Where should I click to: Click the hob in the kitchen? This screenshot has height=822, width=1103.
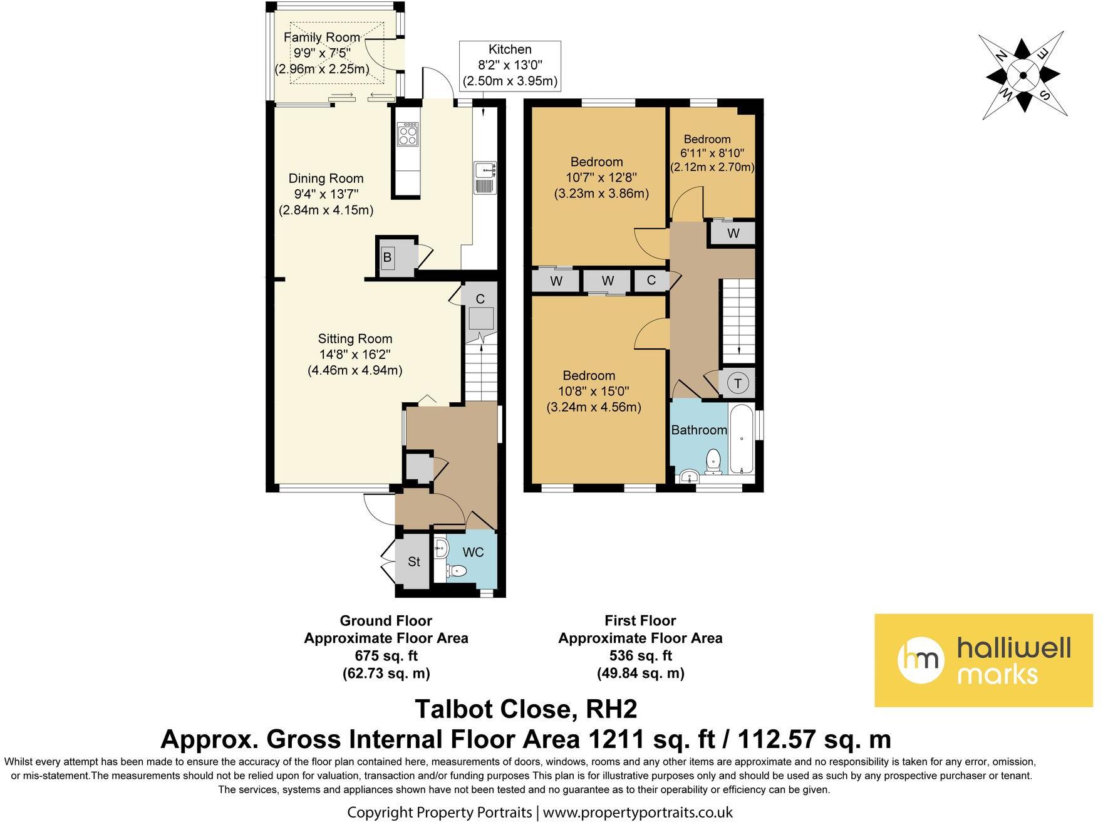408,133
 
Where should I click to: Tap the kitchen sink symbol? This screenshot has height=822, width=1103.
485,178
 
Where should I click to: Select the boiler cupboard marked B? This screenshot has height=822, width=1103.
387,257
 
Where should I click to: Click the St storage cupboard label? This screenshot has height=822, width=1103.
414,561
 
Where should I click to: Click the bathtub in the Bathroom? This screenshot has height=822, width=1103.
741,439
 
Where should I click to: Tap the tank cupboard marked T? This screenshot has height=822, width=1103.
738,383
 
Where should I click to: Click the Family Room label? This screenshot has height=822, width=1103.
321,38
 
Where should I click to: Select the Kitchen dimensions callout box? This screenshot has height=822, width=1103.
510,65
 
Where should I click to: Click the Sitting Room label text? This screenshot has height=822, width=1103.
355,339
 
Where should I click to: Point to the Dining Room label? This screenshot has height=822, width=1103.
326,179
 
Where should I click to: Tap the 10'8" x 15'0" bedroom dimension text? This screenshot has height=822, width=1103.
594,392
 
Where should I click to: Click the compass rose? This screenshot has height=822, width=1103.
1023,75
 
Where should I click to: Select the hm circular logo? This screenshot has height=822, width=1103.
921,660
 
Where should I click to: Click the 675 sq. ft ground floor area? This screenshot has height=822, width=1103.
386,656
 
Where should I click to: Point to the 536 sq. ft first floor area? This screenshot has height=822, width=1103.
640,656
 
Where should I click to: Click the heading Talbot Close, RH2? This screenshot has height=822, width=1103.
526,709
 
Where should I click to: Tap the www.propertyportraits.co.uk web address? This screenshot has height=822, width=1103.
637,813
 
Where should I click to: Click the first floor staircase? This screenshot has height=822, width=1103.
738,320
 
